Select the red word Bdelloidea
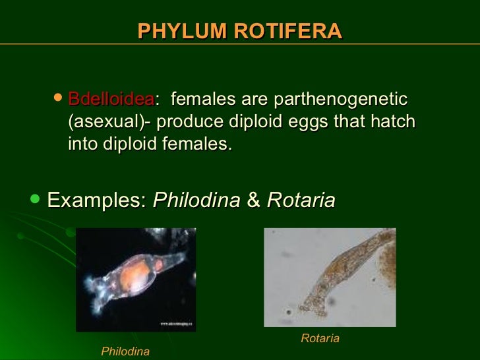click(111, 100)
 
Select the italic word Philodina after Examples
click(196, 200)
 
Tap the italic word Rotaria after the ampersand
click(301, 200)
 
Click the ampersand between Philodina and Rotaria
click(253, 200)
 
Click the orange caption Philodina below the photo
click(125, 351)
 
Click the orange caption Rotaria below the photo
click(320, 338)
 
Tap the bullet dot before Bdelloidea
click(58, 98)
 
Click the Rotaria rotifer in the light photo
click(336, 270)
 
